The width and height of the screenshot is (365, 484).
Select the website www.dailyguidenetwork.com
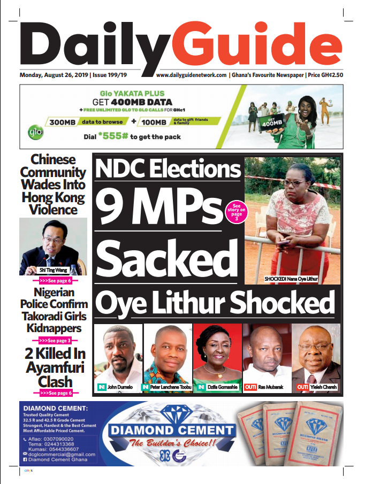coord(191,75)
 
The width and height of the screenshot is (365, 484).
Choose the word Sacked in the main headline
coord(166,258)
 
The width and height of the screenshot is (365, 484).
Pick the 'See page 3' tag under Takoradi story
coord(53,340)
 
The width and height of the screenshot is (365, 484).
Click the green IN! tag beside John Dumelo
coord(101,387)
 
